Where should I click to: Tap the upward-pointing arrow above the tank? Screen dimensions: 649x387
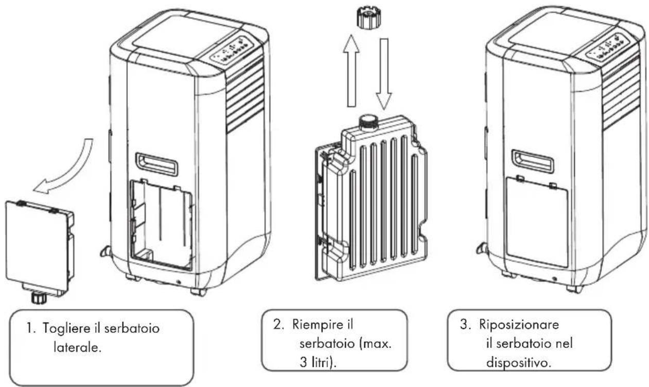click(x=351, y=71)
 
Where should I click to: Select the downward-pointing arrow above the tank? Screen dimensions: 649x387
click(x=384, y=74)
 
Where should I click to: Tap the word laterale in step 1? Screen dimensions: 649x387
click(x=77, y=347)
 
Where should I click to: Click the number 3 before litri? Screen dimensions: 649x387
click(x=303, y=362)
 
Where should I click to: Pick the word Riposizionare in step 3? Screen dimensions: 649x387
click(x=519, y=324)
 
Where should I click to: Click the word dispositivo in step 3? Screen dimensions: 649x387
click(x=518, y=363)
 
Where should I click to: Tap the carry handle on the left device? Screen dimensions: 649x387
click(x=157, y=164)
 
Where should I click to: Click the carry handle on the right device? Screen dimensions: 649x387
click(x=533, y=161)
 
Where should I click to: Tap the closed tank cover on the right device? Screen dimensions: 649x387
click(x=537, y=222)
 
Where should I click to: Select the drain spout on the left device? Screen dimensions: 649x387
click(x=106, y=251)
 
